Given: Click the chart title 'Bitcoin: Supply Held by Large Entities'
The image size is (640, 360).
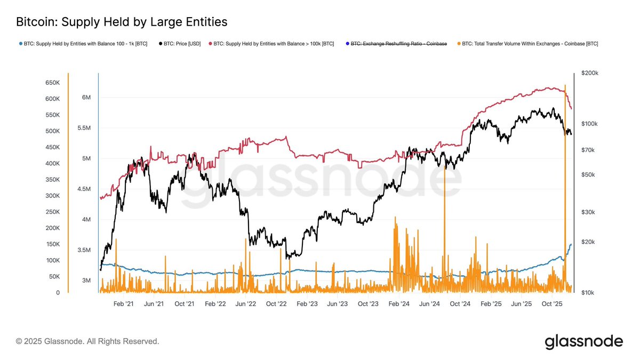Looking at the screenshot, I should [x=122, y=22].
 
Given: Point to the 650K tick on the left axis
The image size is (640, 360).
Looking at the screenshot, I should [x=52, y=83].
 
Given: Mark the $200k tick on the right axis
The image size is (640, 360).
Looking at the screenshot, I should [x=589, y=73].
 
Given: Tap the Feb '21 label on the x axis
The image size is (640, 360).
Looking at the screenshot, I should [x=123, y=303].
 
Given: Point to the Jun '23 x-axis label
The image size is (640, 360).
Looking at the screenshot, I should [x=338, y=303].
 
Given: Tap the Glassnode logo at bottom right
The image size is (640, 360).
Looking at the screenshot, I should [x=583, y=341].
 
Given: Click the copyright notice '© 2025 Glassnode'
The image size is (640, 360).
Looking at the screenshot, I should [x=87, y=341].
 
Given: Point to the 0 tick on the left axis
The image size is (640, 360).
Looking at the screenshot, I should [x=58, y=293].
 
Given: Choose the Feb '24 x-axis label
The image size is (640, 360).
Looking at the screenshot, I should [x=399, y=303].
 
